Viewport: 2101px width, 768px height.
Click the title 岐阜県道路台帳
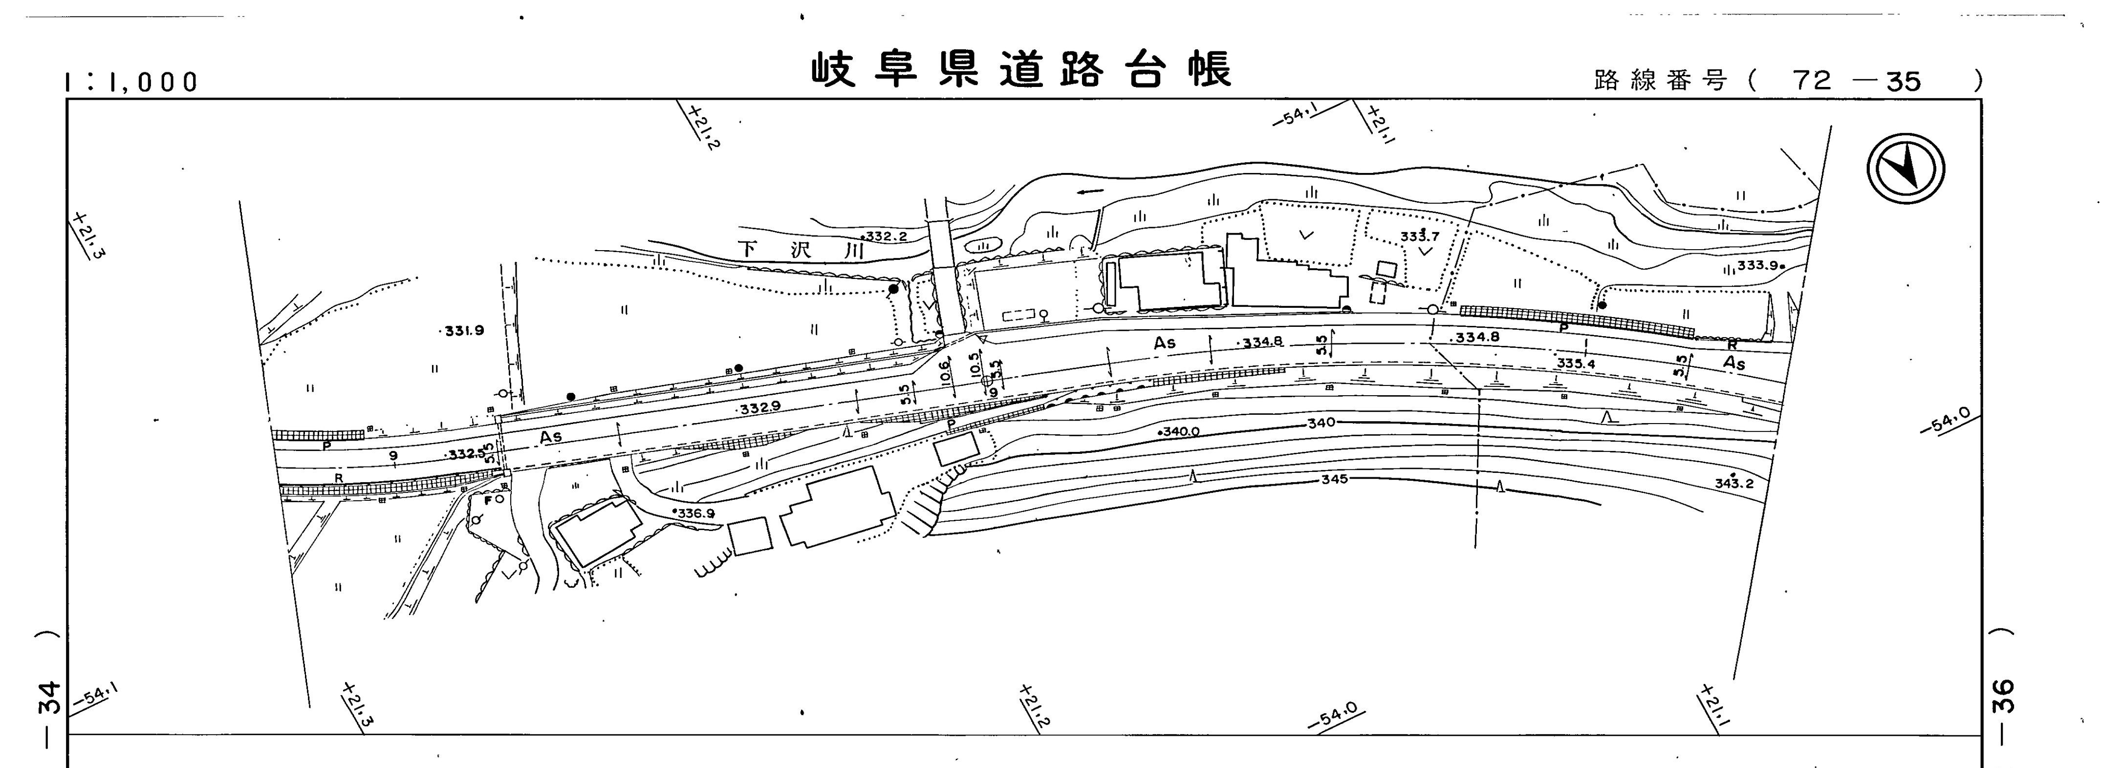click(1020, 70)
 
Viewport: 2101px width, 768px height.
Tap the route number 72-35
click(1856, 81)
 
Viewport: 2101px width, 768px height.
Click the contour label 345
click(1334, 479)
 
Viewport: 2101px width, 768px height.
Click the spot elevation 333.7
click(1420, 236)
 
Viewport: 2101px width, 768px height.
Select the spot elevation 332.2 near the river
click(885, 236)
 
